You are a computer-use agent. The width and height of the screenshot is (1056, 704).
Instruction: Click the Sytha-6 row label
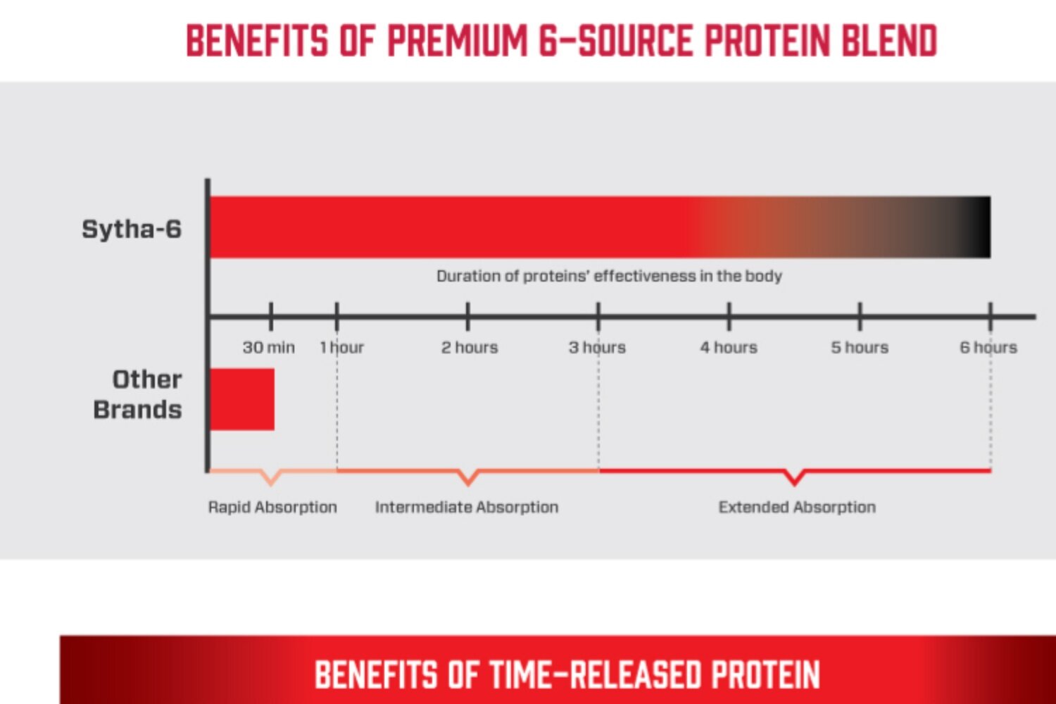[x=132, y=230]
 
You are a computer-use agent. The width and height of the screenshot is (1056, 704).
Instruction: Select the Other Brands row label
[x=138, y=394]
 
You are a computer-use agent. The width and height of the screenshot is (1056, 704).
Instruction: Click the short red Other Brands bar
[x=242, y=399]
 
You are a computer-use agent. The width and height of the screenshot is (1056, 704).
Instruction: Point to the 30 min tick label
[x=269, y=348]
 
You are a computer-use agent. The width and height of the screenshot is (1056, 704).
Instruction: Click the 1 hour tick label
[x=341, y=348]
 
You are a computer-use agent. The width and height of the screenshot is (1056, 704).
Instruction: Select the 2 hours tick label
[x=470, y=348]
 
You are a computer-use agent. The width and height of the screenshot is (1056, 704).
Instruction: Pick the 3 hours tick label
[x=597, y=348]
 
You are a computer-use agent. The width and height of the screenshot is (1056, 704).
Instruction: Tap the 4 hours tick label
[x=729, y=348]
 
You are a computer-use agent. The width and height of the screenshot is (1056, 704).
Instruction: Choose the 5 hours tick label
[x=860, y=348]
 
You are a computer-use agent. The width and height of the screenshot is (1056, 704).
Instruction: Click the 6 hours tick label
[x=988, y=348]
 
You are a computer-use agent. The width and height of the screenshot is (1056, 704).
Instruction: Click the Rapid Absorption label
[x=272, y=508]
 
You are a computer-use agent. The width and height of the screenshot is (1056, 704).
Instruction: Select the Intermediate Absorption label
[x=467, y=508]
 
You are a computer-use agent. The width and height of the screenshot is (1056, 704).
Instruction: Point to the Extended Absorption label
[x=797, y=508]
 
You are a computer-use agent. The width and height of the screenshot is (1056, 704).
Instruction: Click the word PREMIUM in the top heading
[x=457, y=41]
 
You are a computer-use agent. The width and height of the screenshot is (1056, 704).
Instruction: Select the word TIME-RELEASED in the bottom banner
[x=596, y=674]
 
